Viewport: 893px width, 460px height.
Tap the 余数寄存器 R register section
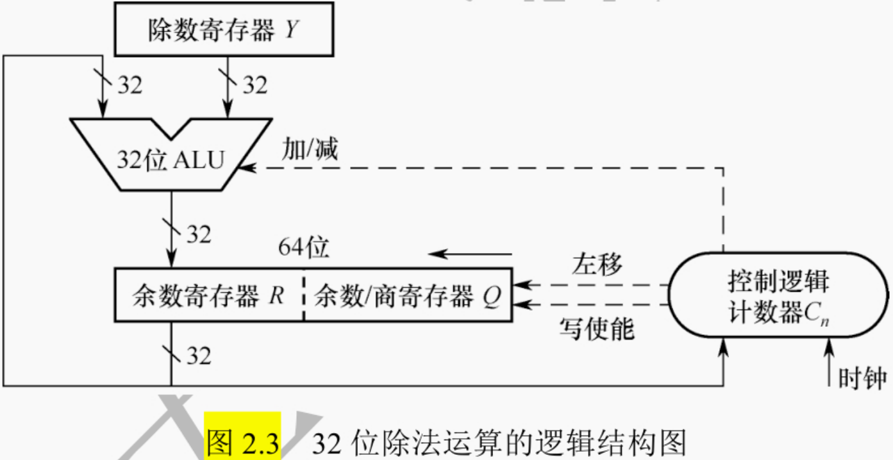pyautogui.click(x=208, y=295)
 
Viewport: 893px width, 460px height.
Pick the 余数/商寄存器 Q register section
pyautogui.click(x=408, y=295)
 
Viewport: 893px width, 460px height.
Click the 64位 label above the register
pyautogui.click(x=303, y=246)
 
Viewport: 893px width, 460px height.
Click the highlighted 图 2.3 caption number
pyautogui.click(x=243, y=442)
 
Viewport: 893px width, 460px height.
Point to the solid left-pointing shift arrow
pyautogui.click(x=471, y=254)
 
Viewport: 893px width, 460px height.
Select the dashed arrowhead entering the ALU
pyautogui.click(x=246, y=168)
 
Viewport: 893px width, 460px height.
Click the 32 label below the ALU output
pyautogui.click(x=198, y=234)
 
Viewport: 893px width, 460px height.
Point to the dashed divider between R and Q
pyautogui.click(x=304, y=295)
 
